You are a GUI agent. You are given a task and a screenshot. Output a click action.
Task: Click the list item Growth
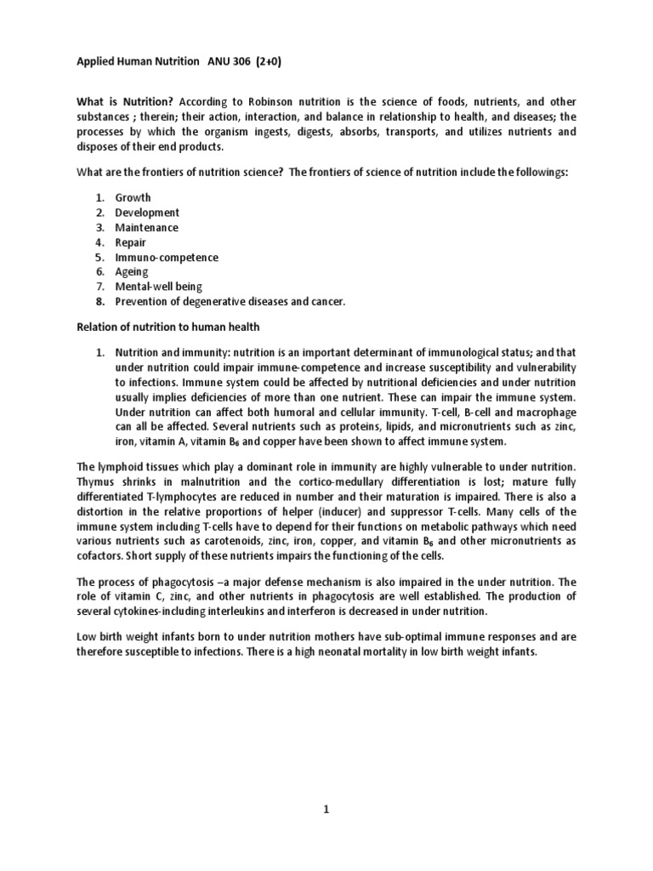click(133, 197)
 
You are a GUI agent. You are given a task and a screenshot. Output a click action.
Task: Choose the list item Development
click(147, 213)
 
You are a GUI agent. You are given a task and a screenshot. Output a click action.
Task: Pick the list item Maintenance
click(147, 227)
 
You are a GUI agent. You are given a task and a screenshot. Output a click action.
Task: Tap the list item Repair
click(131, 242)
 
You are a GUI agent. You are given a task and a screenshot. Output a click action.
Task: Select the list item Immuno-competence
click(167, 257)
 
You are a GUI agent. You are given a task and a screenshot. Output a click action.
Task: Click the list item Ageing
click(132, 272)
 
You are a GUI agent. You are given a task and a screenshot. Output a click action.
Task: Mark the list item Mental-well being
click(159, 287)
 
